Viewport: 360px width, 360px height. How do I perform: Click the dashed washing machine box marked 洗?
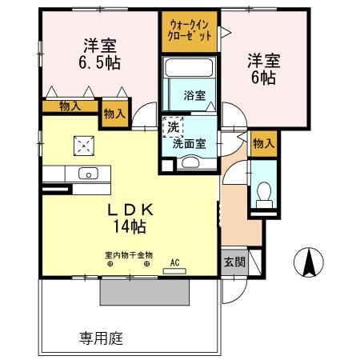pos(173,126)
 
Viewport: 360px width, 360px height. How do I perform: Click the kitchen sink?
pos(86,173)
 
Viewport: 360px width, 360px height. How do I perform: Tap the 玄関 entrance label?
pos(234,262)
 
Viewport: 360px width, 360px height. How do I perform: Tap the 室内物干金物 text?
pos(128,255)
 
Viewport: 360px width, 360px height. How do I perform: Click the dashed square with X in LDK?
pos(84,144)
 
